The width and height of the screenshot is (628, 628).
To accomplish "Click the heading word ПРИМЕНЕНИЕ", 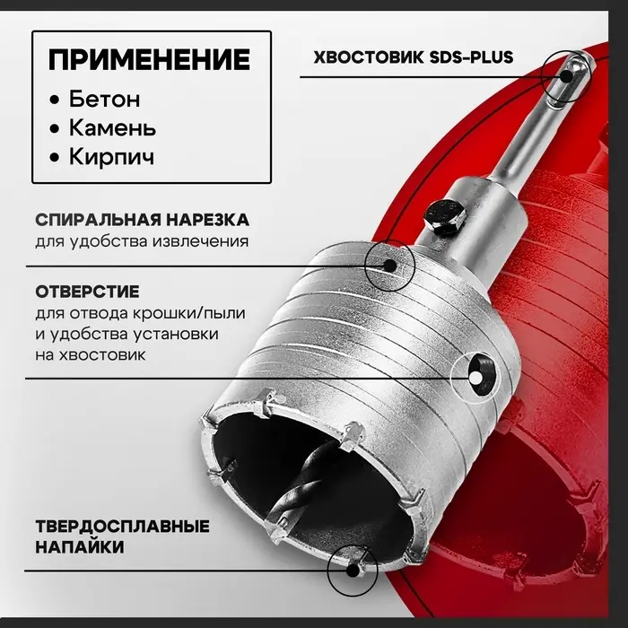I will click(149, 60).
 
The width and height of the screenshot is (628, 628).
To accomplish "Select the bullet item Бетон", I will click(107, 99).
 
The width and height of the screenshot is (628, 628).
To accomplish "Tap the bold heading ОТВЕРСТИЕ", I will click(87, 292).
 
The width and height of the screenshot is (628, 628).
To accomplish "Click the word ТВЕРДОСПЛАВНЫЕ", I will click(122, 526).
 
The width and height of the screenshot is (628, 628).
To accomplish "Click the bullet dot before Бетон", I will click(57, 100).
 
